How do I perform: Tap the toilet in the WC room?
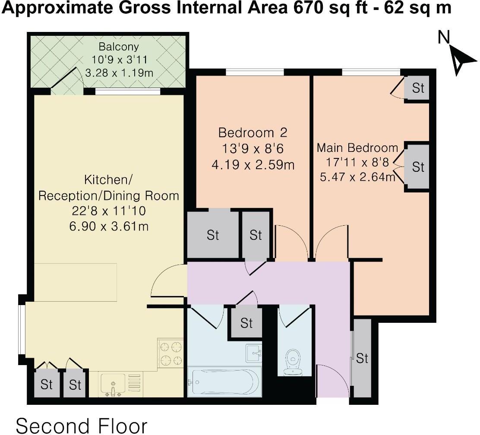[293, 362]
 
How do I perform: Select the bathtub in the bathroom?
[224, 382]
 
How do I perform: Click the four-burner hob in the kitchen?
[170, 353]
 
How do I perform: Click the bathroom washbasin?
[253, 353]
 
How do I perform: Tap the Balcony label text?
[119, 47]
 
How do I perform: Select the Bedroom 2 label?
[253, 133]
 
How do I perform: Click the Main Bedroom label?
[357, 148]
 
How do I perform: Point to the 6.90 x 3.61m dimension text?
[109, 227]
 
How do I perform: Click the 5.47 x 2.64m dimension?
[357, 177]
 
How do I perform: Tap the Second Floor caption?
[82, 426]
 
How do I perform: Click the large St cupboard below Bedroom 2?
[213, 235]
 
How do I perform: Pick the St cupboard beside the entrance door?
[362, 358]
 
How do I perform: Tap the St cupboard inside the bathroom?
[246, 323]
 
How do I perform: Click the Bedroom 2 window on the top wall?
[255, 72]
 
